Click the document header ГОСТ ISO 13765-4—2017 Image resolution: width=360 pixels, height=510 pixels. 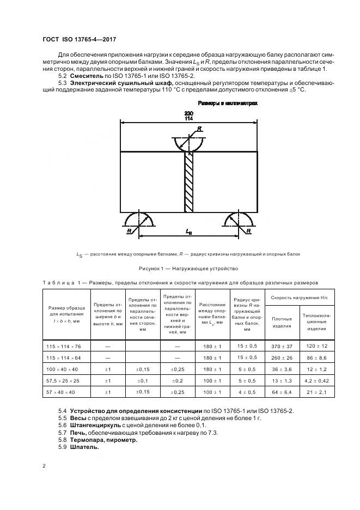pyautogui.click(x=79, y=39)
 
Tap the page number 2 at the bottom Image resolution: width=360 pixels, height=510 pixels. pyautogui.click(x=44, y=466)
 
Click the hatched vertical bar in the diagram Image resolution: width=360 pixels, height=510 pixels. pyautogui.click(x=189, y=183)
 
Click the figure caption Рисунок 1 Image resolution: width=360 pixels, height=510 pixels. pyautogui.click(x=188, y=268)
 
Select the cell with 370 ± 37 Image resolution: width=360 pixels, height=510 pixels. pyautogui.click(x=281, y=346)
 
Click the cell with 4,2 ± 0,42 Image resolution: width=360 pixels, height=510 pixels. pyautogui.click(x=316, y=380)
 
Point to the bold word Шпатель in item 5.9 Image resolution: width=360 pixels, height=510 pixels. pyautogui.click(x=84, y=447)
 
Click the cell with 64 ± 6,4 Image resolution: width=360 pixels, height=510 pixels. pyautogui.click(x=281, y=391)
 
